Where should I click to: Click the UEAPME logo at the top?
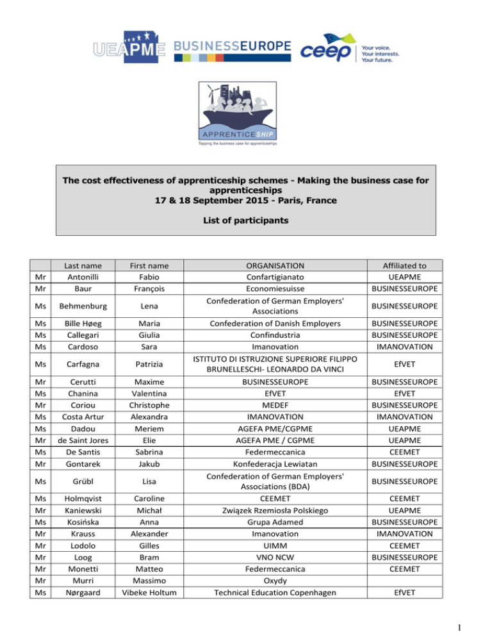pyautogui.click(x=129, y=47)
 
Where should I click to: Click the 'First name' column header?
pyautogui.click(x=149, y=265)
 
